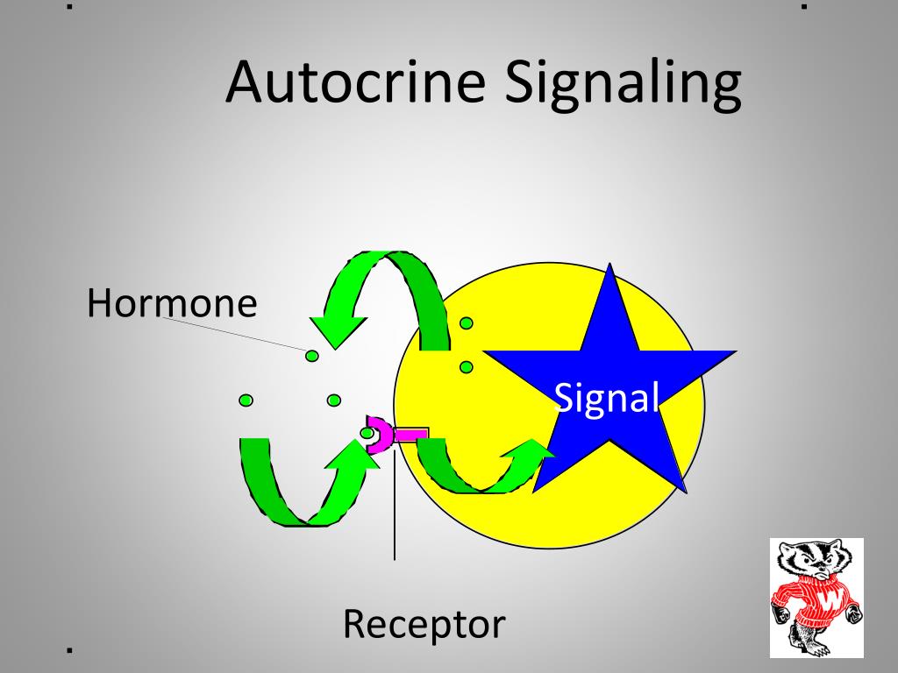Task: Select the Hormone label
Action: click(x=172, y=303)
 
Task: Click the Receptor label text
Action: click(x=424, y=624)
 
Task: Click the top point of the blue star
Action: click(x=610, y=268)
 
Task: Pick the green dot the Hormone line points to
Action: click(x=311, y=355)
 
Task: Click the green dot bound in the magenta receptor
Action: click(x=367, y=433)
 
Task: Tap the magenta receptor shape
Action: click(x=386, y=435)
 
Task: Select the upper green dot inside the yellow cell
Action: click(x=467, y=323)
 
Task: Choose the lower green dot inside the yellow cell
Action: click(x=467, y=366)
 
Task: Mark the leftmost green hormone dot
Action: click(x=246, y=400)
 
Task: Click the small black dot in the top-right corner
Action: click(x=804, y=6)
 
